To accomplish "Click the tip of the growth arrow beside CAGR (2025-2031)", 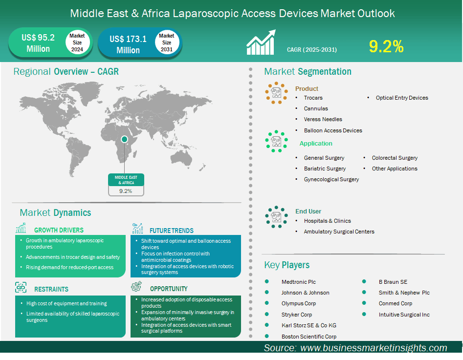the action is pyautogui.click(x=275, y=30).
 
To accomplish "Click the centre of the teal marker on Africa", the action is pyautogui.click(x=124, y=139).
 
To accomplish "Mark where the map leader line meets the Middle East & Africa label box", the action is pyautogui.click(x=124, y=173).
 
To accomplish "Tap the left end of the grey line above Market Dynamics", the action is pyautogui.click(x=12, y=203).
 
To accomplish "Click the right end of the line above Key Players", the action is pyautogui.click(x=445, y=254).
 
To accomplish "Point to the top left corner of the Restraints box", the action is pyautogui.click(x=15, y=296).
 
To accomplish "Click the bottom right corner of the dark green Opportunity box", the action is pyautogui.click(x=241, y=337).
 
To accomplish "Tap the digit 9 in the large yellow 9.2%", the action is pyautogui.click(x=374, y=46).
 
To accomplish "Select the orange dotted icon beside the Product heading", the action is pyautogui.click(x=276, y=93).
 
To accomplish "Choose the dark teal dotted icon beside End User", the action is pyautogui.click(x=276, y=217).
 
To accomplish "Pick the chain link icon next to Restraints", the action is pyautogui.click(x=21, y=287).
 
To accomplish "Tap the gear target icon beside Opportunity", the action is pyautogui.click(x=136, y=286).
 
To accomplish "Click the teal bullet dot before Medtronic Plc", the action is pyautogui.click(x=266, y=281).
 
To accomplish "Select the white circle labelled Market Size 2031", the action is pyautogui.click(x=167, y=42).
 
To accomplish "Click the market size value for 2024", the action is pyautogui.click(x=38, y=43).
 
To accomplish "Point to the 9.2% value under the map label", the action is pyautogui.click(x=126, y=191).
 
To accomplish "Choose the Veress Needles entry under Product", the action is pyautogui.click(x=323, y=119).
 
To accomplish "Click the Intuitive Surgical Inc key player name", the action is pyautogui.click(x=404, y=315).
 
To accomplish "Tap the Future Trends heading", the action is pyautogui.click(x=172, y=231).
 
